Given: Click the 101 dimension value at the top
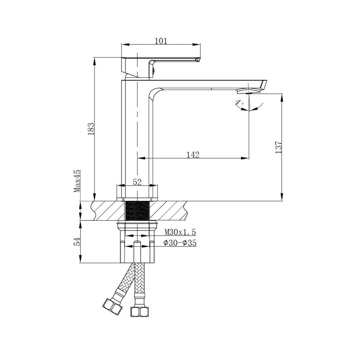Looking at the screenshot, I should (161, 41).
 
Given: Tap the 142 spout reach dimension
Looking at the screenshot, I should (192, 154).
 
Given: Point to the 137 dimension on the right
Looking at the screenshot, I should (278, 147).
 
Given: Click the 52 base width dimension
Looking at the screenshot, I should (137, 182).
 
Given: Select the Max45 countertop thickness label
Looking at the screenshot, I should (77, 181).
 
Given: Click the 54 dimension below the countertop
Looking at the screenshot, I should (77, 242).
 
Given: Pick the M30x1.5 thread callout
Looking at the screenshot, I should (180, 232).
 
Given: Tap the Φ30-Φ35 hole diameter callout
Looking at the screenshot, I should (180, 243).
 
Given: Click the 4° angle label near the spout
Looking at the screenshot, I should (239, 103).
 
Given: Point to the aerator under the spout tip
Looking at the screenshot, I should (248, 92).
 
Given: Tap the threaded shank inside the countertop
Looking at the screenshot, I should (137, 211).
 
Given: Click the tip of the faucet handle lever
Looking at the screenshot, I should (198, 59).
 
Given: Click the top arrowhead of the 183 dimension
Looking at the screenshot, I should (94, 60).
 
